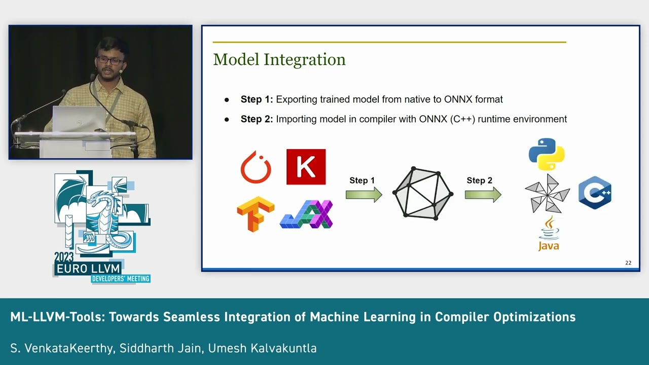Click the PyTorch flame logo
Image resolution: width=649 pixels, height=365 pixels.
pos(256,167)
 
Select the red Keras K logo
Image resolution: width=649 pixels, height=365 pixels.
pos(306,167)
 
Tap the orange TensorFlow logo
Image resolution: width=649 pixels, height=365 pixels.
pos(255,213)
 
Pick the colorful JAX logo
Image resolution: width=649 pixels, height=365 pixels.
pos(306,214)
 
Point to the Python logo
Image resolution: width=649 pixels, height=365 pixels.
pos(547,154)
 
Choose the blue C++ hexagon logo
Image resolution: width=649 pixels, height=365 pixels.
pos(595,193)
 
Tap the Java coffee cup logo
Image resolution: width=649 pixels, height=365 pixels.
pos(549,233)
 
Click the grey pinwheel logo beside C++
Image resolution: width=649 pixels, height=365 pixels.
pos(547,194)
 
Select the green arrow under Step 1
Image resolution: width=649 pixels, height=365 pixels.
pos(364,195)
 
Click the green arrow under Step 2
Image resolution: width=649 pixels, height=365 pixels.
pos(483,195)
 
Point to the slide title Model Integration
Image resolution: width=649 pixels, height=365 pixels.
pos(279,59)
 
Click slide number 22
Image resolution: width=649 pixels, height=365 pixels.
pos(628,263)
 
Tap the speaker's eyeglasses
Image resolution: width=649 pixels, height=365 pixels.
pos(110,60)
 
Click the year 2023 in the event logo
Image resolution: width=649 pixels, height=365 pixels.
pos(64,257)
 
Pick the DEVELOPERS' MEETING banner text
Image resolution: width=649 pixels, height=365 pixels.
pos(121,278)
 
